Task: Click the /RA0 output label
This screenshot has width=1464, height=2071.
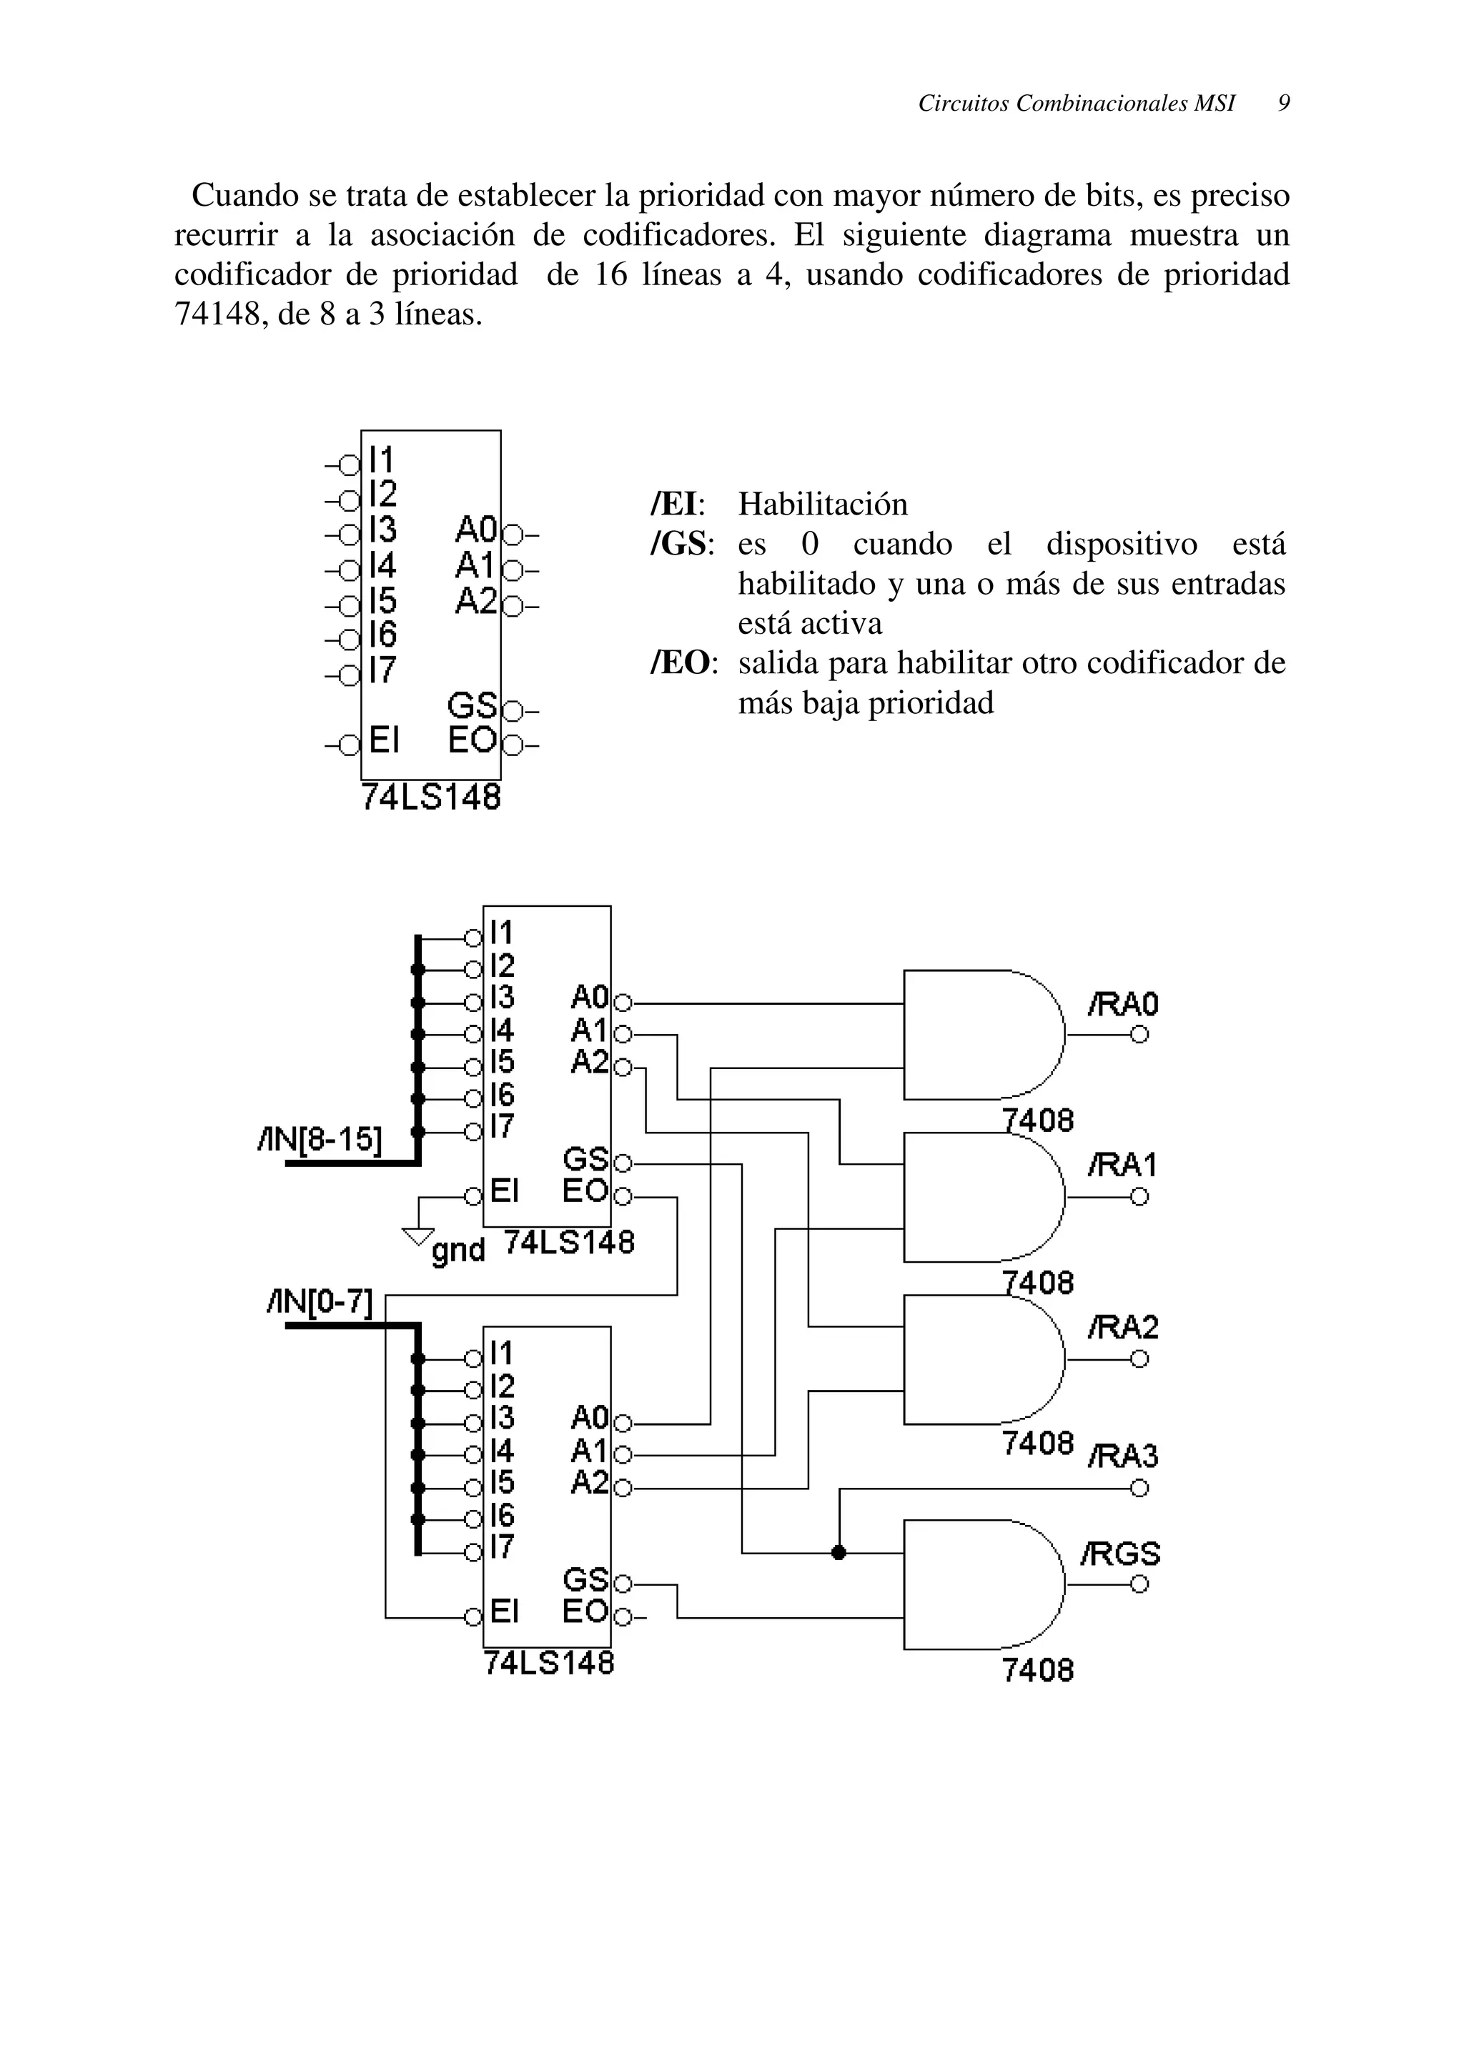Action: tap(1123, 1005)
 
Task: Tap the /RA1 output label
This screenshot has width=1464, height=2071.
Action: tap(1122, 1166)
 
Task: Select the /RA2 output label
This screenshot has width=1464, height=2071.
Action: tap(1123, 1328)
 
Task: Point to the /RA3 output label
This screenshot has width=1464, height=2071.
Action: tap(1123, 1456)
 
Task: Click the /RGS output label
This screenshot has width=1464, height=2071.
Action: tap(1120, 1554)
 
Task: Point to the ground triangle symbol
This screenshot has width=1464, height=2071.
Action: tap(417, 1236)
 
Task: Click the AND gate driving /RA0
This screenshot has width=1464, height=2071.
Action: tap(983, 1035)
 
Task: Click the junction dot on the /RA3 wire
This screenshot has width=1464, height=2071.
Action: tap(839, 1552)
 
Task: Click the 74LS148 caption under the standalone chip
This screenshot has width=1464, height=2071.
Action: tap(431, 798)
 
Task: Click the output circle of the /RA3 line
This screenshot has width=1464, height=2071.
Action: tap(1139, 1489)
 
